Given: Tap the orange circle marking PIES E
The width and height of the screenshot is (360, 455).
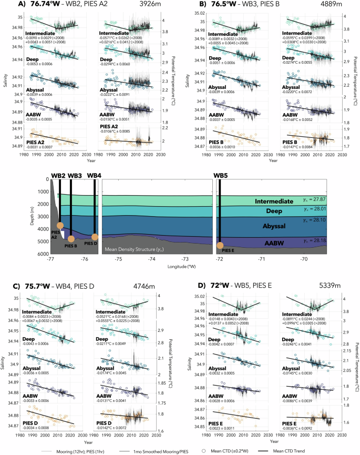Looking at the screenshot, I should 220,245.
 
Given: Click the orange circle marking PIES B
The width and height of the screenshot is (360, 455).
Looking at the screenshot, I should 71,239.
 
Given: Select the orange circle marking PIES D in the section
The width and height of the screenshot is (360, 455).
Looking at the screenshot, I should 95,237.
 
